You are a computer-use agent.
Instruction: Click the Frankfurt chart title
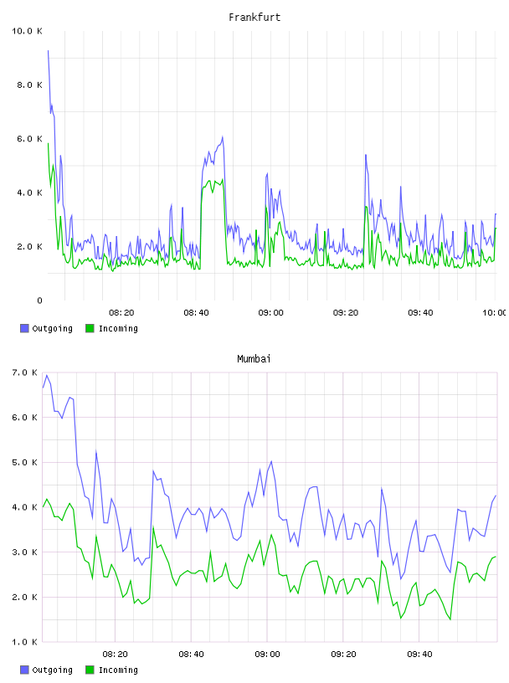[x=254, y=18]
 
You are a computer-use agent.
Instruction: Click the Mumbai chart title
[x=254, y=359]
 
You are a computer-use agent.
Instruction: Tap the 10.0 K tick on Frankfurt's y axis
[x=27, y=31]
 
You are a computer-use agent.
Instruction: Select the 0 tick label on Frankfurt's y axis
[x=39, y=300]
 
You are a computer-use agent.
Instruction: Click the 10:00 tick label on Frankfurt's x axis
[x=495, y=313]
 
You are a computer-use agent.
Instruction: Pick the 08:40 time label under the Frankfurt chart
[x=196, y=313]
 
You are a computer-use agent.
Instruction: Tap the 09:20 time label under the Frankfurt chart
[x=346, y=313]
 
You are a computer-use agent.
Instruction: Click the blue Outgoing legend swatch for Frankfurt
[x=24, y=328]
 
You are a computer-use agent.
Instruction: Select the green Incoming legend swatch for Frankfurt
[x=90, y=328]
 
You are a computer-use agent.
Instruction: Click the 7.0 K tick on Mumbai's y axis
[x=25, y=372]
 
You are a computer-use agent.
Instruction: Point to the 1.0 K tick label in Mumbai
[x=25, y=642]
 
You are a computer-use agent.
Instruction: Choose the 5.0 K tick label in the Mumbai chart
[x=25, y=463]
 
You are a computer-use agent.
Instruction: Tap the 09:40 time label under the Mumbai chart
[x=419, y=655]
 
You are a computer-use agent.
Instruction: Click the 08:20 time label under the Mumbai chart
[x=115, y=655]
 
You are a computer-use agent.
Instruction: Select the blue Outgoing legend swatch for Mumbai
[x=24, y=670]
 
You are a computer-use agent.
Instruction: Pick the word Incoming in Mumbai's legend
[x=118, y=670]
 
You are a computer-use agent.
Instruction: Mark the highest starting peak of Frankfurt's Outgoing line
[x=48, y=50]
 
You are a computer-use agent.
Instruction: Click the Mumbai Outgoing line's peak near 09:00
[x=271, y=461]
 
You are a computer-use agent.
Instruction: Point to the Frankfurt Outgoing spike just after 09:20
[x=366, y=155]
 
